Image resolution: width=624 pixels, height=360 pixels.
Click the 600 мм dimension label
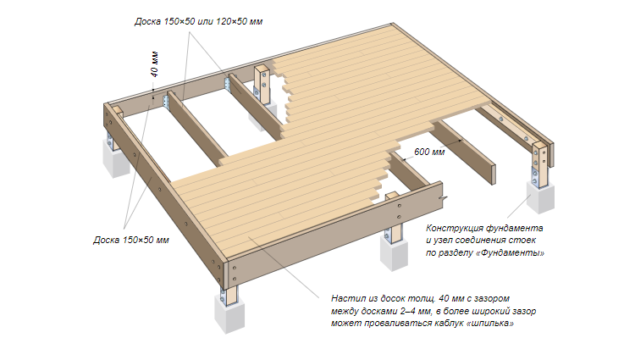point(429,152)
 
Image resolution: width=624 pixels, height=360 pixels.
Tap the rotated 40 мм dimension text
point(154,64)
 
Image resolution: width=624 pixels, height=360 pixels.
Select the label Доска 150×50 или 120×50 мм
point(198,21)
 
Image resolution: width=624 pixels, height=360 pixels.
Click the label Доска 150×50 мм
point(131,240)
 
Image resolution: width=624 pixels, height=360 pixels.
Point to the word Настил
point(346,298)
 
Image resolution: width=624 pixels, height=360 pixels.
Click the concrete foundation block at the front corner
point(229,313)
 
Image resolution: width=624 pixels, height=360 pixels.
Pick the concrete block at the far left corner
point(116,158)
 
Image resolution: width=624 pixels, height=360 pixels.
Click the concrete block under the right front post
point(394,252)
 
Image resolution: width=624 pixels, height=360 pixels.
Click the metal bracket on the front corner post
point(224,297)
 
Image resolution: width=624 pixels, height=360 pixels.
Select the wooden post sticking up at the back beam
point(263,86)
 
